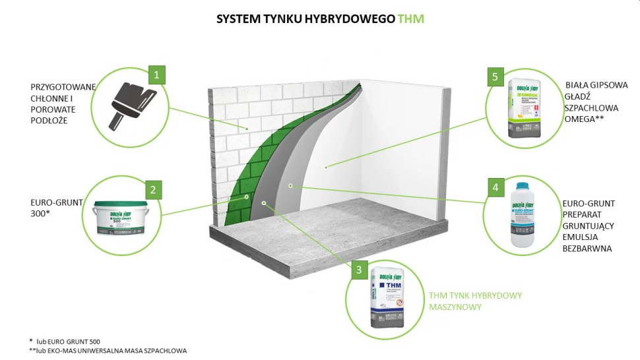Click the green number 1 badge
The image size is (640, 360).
point(156,75)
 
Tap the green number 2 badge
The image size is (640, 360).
point(153,191)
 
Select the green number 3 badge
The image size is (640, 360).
point(358,269)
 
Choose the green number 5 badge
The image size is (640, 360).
point(494,77)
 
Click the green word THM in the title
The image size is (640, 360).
point(410,19)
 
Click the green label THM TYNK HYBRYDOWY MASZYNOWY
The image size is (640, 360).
point(474,301)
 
